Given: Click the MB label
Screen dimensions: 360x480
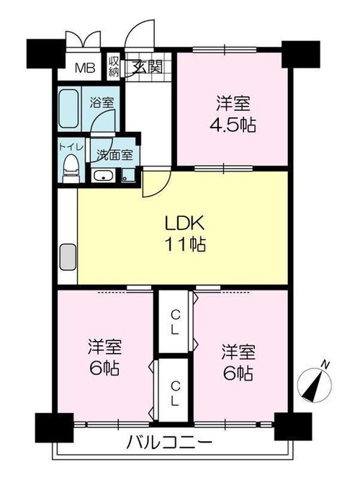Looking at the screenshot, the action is pos(86,68).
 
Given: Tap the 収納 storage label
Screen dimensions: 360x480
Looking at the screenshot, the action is pos(114,67).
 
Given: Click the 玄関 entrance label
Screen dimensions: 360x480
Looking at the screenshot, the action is pos(147,67).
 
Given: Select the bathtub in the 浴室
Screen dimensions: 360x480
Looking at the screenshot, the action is pos(69,108).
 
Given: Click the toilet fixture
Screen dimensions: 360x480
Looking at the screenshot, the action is pos(71,169).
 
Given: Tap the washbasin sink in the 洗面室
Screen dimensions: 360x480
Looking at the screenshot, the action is pos(104,176).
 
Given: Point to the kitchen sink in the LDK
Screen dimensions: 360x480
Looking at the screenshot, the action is pos(68,257).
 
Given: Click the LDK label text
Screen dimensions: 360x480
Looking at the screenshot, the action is pos(184,223).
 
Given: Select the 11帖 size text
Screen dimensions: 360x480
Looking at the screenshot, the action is pos(185,244).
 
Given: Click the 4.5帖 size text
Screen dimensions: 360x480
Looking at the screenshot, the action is pos(233,125).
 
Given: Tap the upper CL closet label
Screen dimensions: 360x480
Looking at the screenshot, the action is pos(175,321).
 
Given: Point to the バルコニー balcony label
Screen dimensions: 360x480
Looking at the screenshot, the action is pos(169,442).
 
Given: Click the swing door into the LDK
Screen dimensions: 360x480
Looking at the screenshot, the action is pos(156,183).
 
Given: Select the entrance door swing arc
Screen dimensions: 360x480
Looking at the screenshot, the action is pos(139,34).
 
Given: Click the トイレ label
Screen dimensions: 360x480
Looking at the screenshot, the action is pos(71,146).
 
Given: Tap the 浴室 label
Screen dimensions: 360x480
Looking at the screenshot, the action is pos(102,102).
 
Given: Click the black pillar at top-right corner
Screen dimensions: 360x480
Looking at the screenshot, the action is pos(301,54).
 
